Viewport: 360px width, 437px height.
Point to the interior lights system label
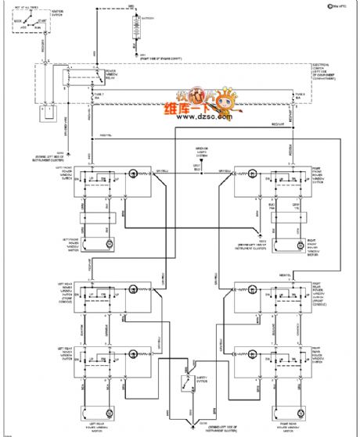(x=201, y=153)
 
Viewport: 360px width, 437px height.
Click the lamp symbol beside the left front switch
(x=134, y=173)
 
